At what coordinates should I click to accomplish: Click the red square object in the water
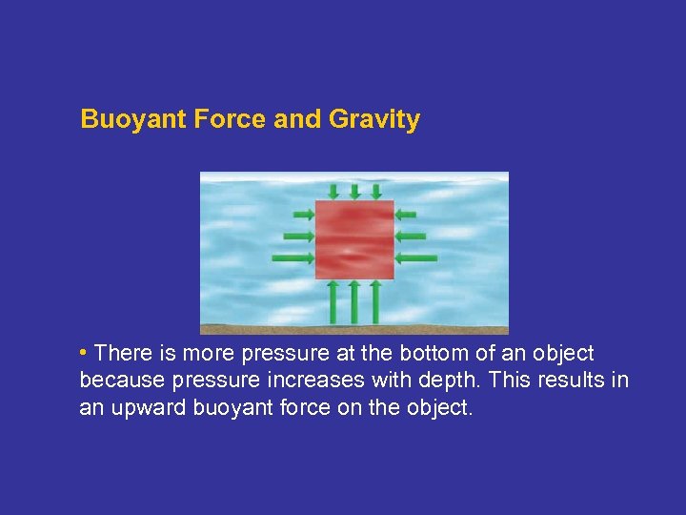[354, 239]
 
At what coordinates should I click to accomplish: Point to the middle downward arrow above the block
[354, 191]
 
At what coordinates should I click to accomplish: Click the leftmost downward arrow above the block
[333, 191]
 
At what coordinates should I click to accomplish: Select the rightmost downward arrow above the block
[375, 191]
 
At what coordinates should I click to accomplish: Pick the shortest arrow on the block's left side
[303, 214]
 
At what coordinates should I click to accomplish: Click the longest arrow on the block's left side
[293, 258]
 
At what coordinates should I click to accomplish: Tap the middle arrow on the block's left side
[298, 236]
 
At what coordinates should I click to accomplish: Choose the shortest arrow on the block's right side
[406, 214]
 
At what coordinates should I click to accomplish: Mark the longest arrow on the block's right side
[416, 257]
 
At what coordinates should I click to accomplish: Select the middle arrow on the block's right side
[411, 236]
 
